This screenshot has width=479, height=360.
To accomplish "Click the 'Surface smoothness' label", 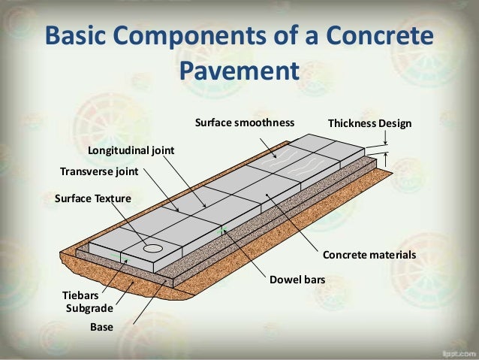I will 244,123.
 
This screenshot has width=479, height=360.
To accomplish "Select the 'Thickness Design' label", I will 370,123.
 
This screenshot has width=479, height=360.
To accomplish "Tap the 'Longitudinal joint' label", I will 131,150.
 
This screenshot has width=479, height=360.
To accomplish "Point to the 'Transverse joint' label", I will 99,171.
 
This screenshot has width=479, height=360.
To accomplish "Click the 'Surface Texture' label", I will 93,199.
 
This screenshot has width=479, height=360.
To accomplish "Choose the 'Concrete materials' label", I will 369,255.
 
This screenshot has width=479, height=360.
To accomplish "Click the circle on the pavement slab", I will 154,247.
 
